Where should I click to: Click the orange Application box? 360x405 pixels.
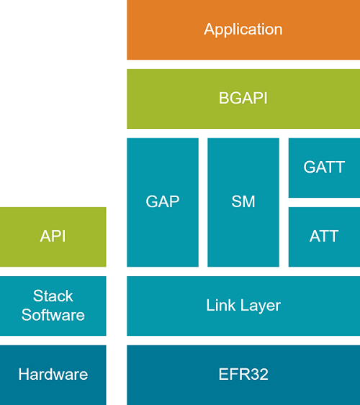click(243, 29)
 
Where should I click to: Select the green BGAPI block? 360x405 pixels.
click(243, 99)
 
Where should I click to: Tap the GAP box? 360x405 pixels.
click(163, 202)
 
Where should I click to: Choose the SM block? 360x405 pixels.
click(243, 202)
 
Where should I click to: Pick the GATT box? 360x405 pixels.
click(324, 168)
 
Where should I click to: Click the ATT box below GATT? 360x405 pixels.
click(324, 237)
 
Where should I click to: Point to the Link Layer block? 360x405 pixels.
click(243, 306)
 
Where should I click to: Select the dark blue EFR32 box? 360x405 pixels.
click(243, 375)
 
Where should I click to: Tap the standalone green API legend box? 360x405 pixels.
click(53, 237)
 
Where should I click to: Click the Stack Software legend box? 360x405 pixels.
click(53, 306)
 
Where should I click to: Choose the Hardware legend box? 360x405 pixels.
click(53, 375)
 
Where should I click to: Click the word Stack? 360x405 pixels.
click(53, 296)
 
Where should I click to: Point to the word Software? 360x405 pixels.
click(53, 315)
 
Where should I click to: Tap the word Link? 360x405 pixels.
click(220, 306)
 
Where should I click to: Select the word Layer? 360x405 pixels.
click(259, 306)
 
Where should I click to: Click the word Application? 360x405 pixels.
click(243, 30)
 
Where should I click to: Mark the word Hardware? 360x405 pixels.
click(53, 375)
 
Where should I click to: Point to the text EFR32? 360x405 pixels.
click(243, 375)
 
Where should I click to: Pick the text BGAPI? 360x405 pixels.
click(243, 99)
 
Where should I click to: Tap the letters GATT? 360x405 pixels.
click(324, 168)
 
